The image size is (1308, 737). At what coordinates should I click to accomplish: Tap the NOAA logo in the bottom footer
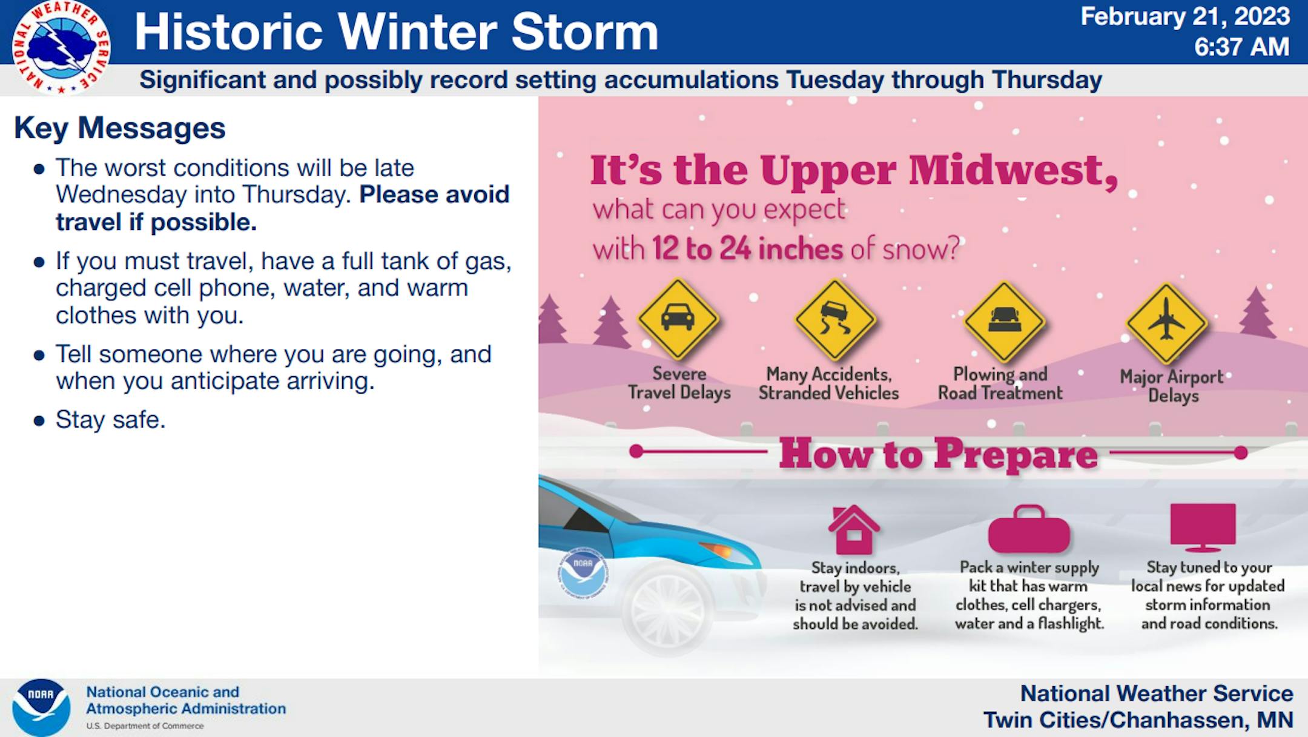[41, 707]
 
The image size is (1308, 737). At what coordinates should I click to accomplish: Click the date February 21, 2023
[1185, 17]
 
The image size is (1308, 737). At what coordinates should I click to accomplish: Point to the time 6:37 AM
[1241, 47]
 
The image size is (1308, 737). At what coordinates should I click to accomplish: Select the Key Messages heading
[120, 128]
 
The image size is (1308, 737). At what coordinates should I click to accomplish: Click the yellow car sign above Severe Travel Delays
[678, 319]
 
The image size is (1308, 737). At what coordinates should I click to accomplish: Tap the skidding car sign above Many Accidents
[836, 319]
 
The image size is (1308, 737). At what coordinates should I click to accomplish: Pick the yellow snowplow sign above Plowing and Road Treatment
[1005, 322]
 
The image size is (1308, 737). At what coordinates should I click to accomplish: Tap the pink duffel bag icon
[1029, 529]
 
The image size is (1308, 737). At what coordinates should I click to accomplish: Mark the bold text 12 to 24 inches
[747, 249]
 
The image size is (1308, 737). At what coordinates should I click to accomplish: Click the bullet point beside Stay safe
[39, 421]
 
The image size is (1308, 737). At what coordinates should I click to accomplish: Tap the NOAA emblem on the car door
[583, 573]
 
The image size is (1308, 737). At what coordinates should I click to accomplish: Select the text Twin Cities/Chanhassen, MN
[1138, 720]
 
